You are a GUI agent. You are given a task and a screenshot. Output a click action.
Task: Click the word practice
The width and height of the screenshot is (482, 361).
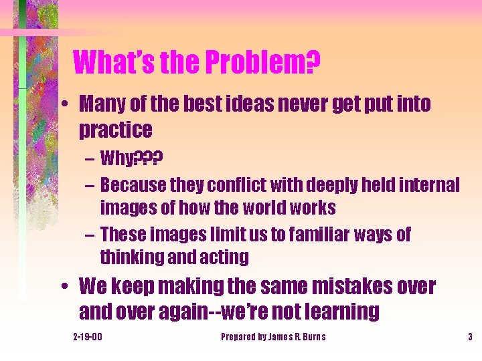(115, 128)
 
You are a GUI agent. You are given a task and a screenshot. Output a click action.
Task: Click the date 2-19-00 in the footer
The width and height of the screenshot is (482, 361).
(87, 337)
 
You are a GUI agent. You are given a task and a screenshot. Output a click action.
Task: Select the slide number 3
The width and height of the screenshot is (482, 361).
(470, 337)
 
